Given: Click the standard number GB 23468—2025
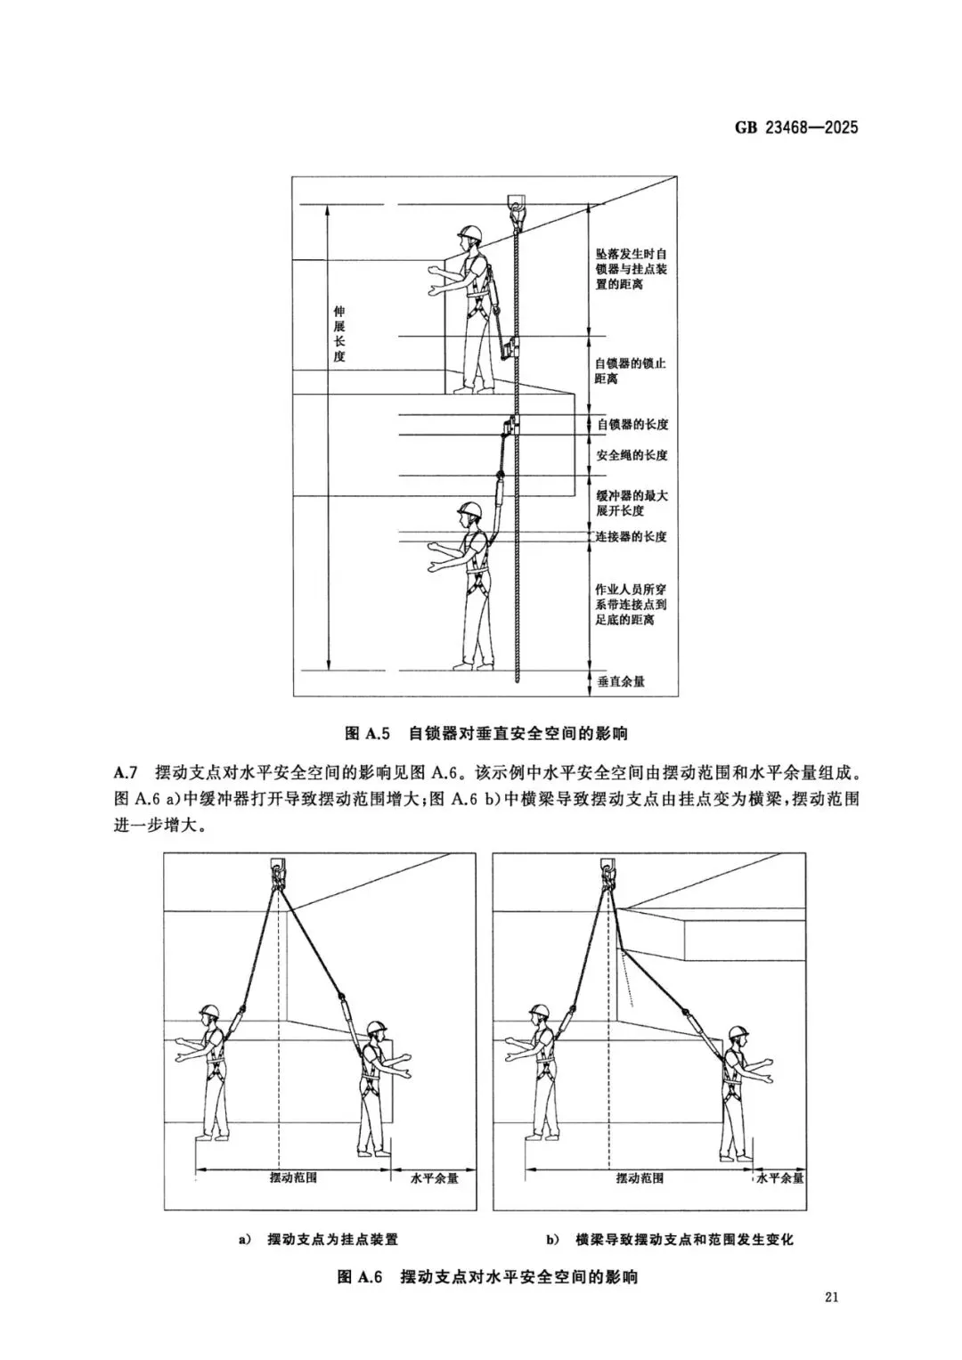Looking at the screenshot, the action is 796,127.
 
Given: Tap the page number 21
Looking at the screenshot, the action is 832,1321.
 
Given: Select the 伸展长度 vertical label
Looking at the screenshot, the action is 338,334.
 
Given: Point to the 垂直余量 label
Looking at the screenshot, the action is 621,681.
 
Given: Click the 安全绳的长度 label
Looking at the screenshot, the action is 632,455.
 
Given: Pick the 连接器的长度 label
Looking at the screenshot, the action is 632,536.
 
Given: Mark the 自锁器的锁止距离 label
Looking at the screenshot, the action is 630,371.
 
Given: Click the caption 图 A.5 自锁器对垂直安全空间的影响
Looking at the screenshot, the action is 485,734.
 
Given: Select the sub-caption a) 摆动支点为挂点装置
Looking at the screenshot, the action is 319,1239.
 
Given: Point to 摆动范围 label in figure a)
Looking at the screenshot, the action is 293,1177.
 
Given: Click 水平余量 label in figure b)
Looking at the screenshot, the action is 780,1177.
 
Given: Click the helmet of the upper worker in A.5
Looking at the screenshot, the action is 469,233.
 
